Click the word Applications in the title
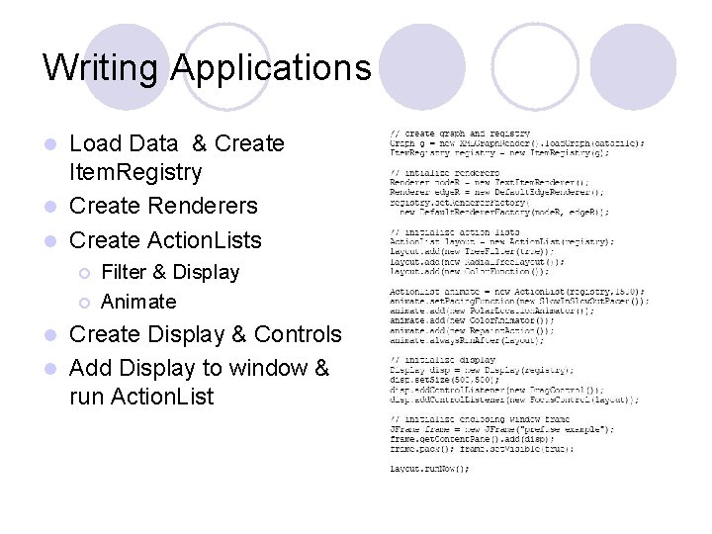[x=270, y=68]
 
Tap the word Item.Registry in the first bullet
[x=135, y=173]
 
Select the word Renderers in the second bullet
[x=206, y=207]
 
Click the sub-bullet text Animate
[x=138, y=302]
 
